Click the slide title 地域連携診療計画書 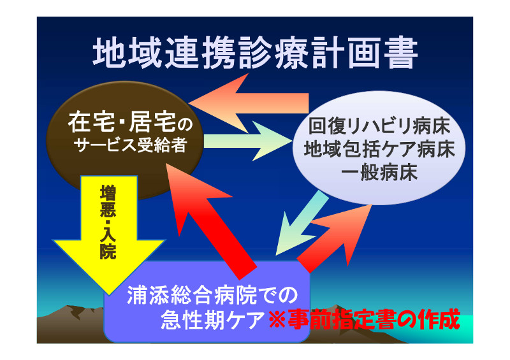pyautogui.click(x=255, y=53)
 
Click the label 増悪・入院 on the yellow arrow pyautogui.click(x=108, y=222)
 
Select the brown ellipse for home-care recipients pyautogui.click(x=125, y=140)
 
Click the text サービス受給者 pyautogui.click(x=130, y=145)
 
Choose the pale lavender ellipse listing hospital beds pyautogui.click(x=379, y=148)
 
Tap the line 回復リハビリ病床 pyautogui.click(x=379, y=126)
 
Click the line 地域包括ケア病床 pyautogui.click(x=379, y=149)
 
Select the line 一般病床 pyautogui.click(x=379, y=172)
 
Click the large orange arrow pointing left pyautogui.click(x=249, y=103)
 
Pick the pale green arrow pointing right pyautogui.click(x=248, y=141)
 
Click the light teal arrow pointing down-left pyautogui.click(x=301, y=224)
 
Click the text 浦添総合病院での pyautogui.click(x=212, y=295)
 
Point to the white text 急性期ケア pyautogui.click(x=213, y=320)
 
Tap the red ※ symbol pyautogui.click(x=277, y=320)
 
